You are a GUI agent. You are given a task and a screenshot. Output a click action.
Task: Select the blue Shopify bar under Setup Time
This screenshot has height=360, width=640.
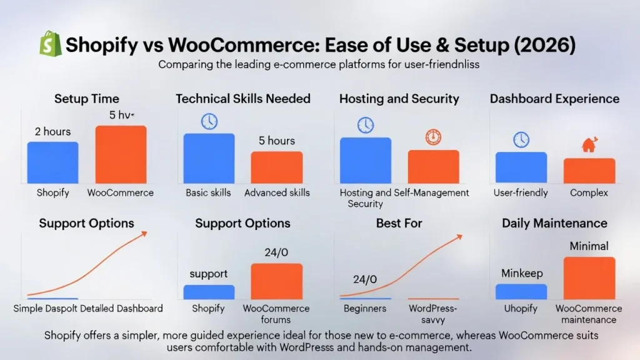[52, 162]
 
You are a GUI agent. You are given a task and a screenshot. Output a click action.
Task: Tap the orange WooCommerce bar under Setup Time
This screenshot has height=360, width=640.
[121, 154]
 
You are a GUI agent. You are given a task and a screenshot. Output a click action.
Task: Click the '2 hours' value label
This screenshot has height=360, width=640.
[52, 131]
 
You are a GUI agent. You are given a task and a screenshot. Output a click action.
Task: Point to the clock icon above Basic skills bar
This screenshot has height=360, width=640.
[209, 121]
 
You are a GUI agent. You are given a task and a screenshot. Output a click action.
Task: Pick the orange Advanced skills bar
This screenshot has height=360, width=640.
[277, 167]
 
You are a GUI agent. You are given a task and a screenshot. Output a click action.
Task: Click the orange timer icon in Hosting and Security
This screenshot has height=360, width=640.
[433, 137]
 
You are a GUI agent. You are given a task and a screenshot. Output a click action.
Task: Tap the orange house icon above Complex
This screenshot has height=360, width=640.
[589, 144]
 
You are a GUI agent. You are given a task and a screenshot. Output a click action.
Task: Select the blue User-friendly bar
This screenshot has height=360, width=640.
[521, 167]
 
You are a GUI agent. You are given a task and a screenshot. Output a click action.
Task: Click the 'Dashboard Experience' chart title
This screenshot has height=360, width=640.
[555, 99]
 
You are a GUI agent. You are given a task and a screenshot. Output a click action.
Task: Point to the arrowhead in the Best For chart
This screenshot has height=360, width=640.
[459, 237]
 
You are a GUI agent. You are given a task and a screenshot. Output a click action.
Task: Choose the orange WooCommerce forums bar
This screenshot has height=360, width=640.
[277, 281]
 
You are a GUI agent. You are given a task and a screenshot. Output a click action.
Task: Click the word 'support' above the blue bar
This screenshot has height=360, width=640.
[209, 274]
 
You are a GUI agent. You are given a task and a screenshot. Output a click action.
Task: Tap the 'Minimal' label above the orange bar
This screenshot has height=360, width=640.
[589, 246]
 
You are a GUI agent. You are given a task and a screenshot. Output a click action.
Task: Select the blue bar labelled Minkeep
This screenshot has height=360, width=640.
[521, 292]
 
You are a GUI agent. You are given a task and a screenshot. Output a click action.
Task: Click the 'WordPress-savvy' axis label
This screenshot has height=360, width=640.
[433, 314]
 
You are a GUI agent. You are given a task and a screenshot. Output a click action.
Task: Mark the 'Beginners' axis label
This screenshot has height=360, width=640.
[365, 309]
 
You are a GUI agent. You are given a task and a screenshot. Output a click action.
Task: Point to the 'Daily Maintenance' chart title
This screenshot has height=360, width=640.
[555, 223]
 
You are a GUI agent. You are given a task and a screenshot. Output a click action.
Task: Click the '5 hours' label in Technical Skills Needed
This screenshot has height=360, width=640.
[277, 141]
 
